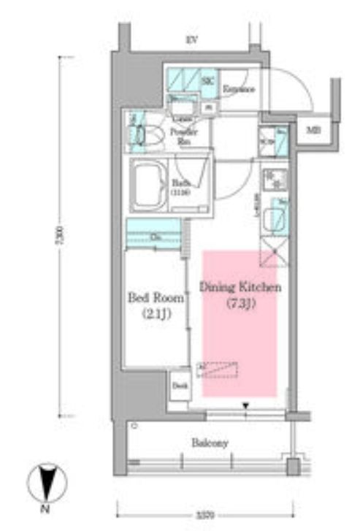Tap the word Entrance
[238, 89]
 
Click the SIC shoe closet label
[207, 80]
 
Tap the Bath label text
[181, 186]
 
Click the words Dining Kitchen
[240, 288]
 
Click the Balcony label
[210, 443]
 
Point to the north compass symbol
[47, 482]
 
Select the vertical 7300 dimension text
[64, 237]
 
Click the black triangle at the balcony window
[245, 405]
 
